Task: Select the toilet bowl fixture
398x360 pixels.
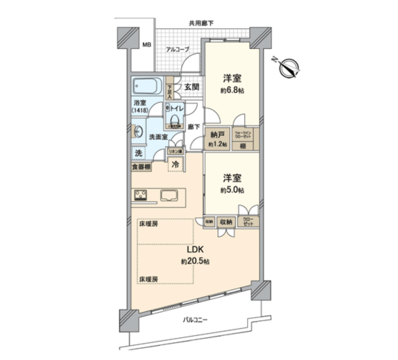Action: click(174, 119)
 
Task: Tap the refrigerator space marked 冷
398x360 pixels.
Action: click(175, 164)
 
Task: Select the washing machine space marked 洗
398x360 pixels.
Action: click(139, 153)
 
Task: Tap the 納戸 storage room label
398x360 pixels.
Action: click(217, 135)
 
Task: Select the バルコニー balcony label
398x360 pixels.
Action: click(195, 320)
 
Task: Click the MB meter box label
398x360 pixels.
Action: click(147, 45)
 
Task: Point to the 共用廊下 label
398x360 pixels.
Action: click(201, 24)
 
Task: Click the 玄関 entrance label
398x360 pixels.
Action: click(192, 87)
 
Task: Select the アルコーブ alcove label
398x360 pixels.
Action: click(178, 50)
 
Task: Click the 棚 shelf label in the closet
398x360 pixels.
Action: click(243, 146)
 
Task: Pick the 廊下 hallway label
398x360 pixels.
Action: click(194, 126)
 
